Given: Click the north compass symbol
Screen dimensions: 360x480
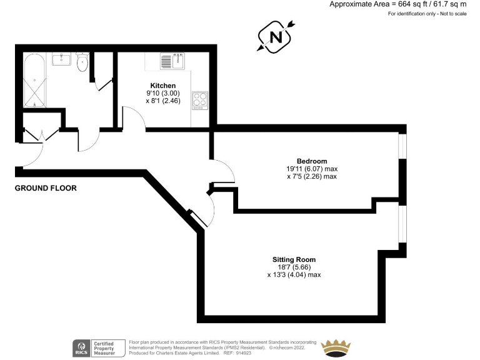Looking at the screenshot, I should (x=276, y=37).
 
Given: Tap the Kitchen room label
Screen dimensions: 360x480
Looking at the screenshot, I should (x=162, y=86).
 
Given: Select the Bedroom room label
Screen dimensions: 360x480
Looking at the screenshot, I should (x=312, y=161).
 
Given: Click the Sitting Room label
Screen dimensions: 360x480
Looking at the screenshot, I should (x=294, y=259).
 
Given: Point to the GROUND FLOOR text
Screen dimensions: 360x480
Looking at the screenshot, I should (x=46, y=187).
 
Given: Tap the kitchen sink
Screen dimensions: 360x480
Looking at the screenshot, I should (x=174, y=62).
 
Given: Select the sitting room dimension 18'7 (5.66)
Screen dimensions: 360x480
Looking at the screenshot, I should (x=294, y=267).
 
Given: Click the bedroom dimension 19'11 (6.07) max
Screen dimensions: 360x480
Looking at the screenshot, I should (x=312, y=169).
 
